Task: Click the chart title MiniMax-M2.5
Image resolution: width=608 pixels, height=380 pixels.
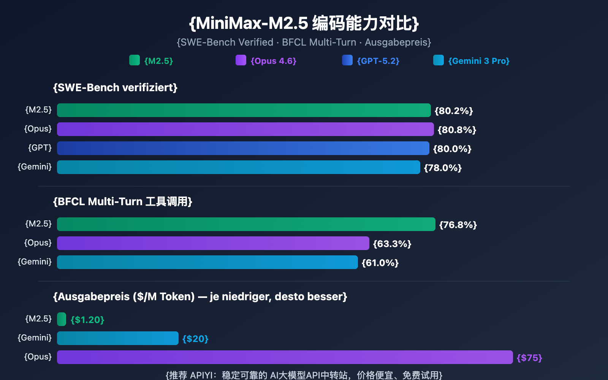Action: click(x=304, y=24)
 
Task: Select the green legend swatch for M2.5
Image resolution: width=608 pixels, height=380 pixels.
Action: click(x=135, y=60)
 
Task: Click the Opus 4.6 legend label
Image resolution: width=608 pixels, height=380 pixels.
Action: click(x=273, y=61)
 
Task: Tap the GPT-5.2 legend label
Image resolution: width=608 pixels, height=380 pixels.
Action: click(x=378, y=61)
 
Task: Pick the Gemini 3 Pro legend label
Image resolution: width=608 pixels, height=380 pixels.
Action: click(x=479, y=61)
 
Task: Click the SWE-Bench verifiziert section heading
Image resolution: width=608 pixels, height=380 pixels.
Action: click(x=115, y=88)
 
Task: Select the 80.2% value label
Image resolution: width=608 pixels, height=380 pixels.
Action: click(x=454, y=111)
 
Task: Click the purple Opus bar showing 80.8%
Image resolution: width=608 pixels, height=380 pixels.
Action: click(x=245, y=129)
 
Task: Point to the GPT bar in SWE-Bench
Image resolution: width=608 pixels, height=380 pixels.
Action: click(x=243, y=148)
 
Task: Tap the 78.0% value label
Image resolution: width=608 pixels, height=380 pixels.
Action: click(x=443, y=168)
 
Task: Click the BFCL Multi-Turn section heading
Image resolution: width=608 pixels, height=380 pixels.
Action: click(x=122, y=201)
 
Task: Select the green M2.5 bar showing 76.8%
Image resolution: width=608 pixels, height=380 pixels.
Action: click(x=246, y=224)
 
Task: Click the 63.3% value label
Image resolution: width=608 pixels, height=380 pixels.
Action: click(x=392, y=244)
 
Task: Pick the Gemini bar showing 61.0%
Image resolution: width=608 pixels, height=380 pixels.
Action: click(x=207, y=262)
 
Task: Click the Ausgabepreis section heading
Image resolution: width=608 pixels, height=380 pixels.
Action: click(x=200, y=296)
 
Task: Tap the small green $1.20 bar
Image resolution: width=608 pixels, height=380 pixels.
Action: click(x=62, y=319)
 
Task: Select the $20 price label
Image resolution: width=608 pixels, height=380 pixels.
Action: click(x=195, y=339)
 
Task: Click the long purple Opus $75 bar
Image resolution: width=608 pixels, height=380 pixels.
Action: click(x=285, y=357)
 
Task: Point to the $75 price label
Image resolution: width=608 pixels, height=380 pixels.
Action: click(x=529, y=358)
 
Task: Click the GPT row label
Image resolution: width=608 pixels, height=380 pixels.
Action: click(x=40, y=147)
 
